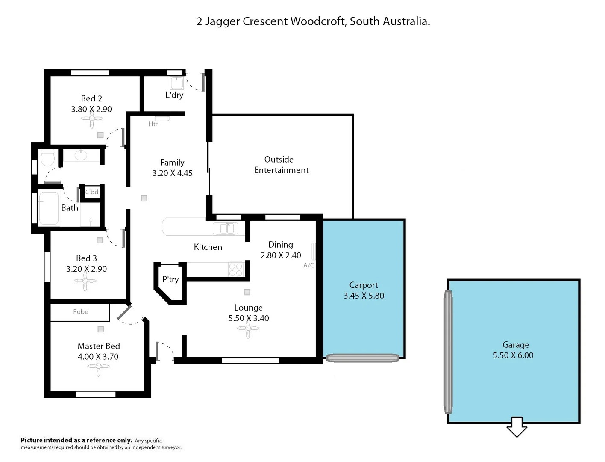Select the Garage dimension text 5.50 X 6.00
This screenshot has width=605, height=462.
point(513,355)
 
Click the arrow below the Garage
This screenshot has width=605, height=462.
point(517,427)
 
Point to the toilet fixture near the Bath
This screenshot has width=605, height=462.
point(47,158)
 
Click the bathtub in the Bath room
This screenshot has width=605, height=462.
point(49,208)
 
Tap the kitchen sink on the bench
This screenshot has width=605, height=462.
point(226,228)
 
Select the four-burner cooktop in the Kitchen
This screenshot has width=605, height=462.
point(235,269)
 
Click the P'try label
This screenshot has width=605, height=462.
point(170,279)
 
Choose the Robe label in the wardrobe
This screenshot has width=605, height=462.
point(80,312)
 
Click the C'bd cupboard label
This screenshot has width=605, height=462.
point(92,192)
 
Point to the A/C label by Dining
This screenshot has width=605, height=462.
point(308,265)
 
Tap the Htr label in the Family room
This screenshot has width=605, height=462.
point(153,124)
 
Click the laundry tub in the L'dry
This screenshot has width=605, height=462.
point(177,83)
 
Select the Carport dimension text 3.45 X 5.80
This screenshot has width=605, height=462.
point(364,296)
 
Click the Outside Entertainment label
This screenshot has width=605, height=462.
point(281,165)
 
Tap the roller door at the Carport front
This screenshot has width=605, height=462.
point(362,358)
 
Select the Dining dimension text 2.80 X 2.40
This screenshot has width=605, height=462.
point(281,255)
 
